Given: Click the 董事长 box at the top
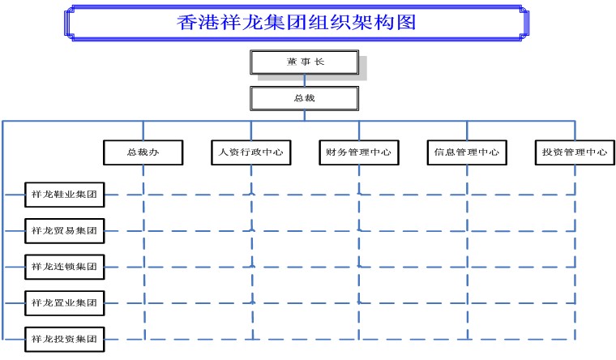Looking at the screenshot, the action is (x=305, y=62).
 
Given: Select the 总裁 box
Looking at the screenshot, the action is (x=305, y=98).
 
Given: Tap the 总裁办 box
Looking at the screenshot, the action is (x=143, y=152).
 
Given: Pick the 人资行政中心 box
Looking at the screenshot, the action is (x=251, y=152).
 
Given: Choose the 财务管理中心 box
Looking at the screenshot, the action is (x=359, y=152).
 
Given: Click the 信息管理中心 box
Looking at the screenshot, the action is (x=467, y=152).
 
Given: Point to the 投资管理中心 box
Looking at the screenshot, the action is (x=575, y=152).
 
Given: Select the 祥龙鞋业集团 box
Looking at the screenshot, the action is (x=64, y=195).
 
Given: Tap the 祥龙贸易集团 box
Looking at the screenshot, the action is (x=64, y=231).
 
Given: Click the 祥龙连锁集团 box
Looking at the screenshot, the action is (x=64, y=267).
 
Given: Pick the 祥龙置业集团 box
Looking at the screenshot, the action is (x=64, y=303).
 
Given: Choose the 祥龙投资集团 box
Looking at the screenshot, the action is (x=64, y=339).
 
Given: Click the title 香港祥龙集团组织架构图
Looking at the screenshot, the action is (x=297, y=23).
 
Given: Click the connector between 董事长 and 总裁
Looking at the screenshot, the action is (x=305, y=80).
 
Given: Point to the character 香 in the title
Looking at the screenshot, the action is (x=186, y=23).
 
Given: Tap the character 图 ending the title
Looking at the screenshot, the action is (x=407, y=23).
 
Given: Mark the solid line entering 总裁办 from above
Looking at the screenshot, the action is (x=143, y=131).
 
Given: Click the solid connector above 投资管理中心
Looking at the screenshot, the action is (x=575, y=131).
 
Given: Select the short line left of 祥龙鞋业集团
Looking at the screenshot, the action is (x=15, y=195).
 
